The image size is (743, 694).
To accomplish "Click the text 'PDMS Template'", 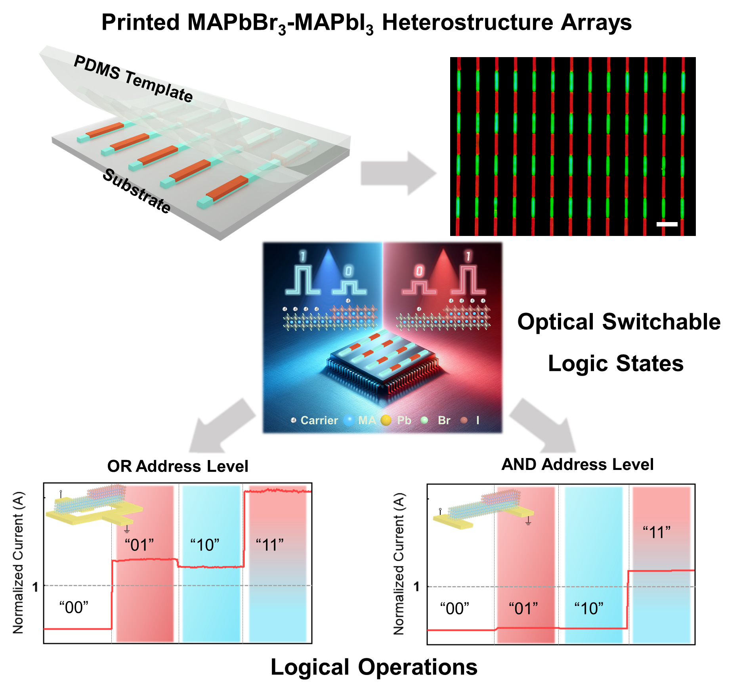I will pos(133,79).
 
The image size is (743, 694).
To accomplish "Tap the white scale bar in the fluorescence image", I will pos(667,224).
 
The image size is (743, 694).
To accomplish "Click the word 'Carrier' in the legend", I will pos(319,420).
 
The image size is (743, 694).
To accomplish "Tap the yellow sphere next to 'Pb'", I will pos(386,420).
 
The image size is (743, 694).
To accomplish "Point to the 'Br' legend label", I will pos(444,420).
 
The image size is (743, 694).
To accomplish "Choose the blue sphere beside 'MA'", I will pos(349,420).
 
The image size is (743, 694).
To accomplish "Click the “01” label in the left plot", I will pos(139,545).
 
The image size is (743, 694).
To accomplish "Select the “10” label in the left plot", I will pos(204,545).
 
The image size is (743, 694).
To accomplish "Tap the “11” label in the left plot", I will pos(270,545).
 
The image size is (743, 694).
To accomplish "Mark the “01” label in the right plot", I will pos(523,608).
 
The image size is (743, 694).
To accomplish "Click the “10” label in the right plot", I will pos(589,608).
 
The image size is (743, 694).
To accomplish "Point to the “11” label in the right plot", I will pos(657,532).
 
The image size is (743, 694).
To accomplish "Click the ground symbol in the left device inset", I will pos(127,529).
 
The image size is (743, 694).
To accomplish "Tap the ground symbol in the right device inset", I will pos(528,521).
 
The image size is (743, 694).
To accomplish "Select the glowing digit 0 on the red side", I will pos(419,271).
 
